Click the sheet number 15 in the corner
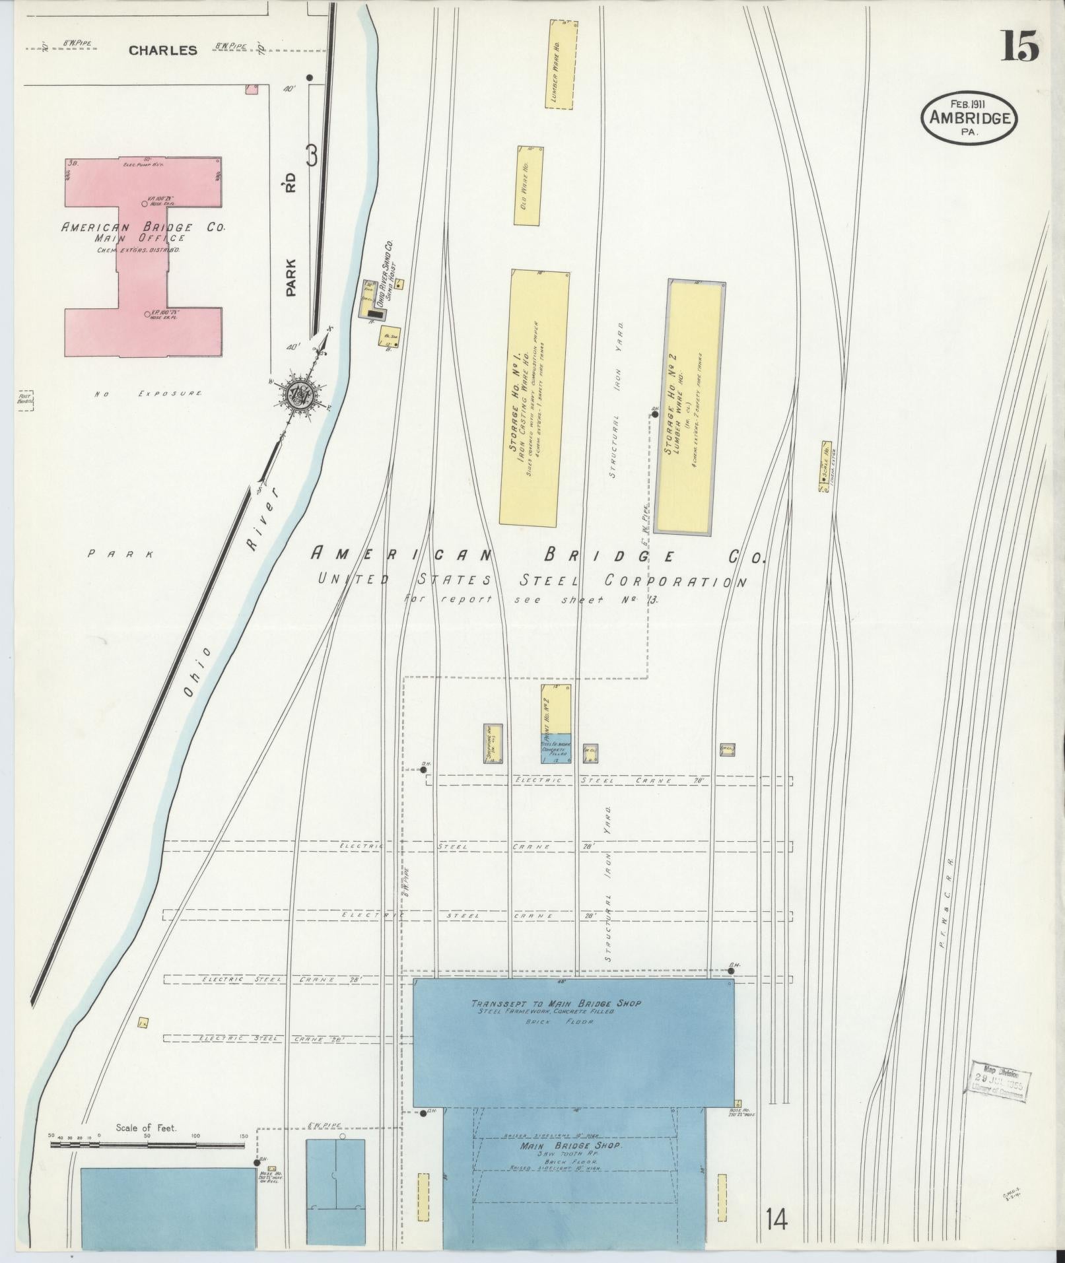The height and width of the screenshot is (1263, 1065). tap(1020, 46)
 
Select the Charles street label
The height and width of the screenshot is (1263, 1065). tap(162, 50)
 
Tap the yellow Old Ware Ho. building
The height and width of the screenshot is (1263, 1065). tap(529, 186)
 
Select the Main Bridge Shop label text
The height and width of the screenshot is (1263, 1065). tap(570, 1145)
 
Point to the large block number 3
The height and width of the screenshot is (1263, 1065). tap(312, 156)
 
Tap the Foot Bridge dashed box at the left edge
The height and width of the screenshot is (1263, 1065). tap(26, 401)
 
